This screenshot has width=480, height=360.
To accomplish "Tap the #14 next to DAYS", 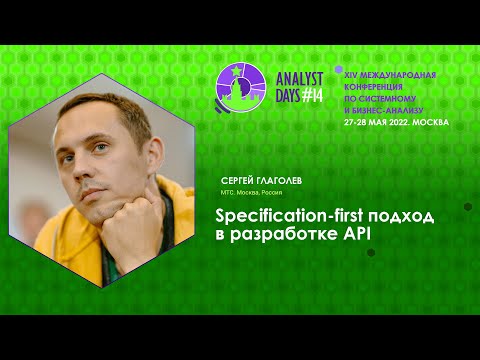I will click(x=312, y=96).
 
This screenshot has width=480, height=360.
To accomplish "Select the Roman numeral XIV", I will click(x=350, y=74).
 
